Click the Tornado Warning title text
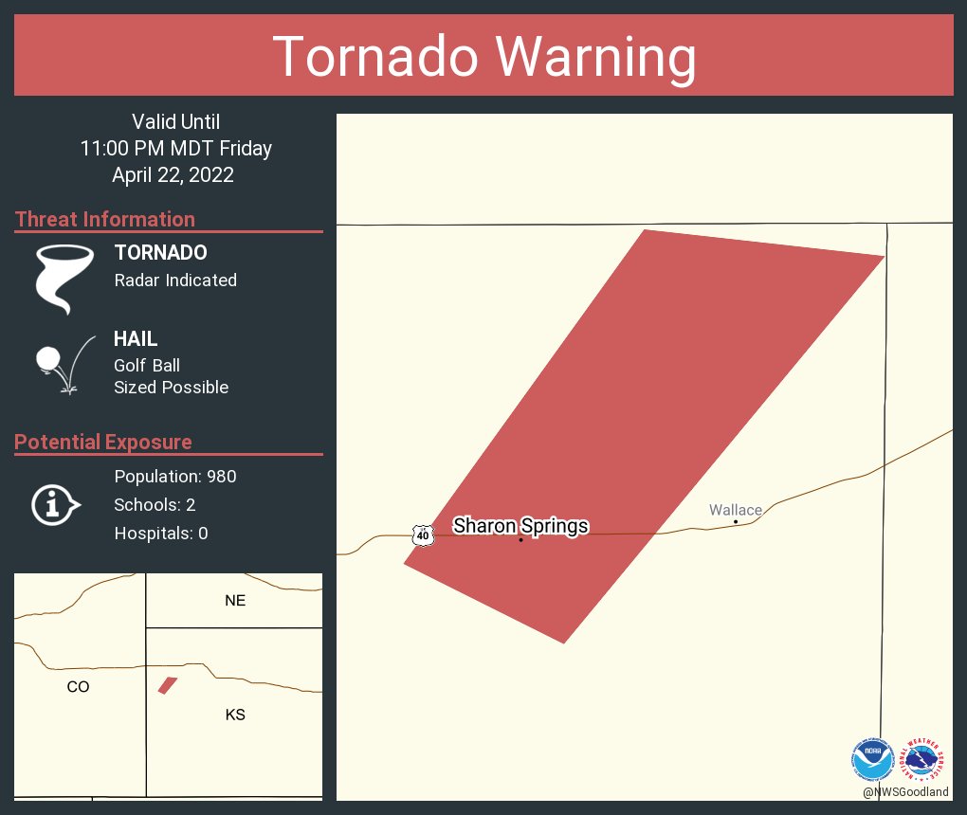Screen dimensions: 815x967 pos(483,57)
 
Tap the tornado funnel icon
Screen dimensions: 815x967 pos(64,277)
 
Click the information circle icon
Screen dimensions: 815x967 pos(54,504)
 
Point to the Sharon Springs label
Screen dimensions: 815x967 pos(520,526)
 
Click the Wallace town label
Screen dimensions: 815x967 pos(736,510)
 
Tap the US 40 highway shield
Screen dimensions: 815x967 pos(423,535)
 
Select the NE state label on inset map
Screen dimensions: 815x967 pos(235,600)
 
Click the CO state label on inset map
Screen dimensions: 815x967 pos(78,687)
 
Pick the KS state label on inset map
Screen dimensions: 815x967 pos(235,715)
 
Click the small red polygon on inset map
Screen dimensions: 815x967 pos(168,685)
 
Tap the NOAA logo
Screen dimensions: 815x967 pos(872,759)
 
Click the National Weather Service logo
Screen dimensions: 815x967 pos(925,759)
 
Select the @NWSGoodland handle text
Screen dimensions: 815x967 pos(905,792)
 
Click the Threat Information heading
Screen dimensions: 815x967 pos(105,219)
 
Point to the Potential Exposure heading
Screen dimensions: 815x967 pos(103,443)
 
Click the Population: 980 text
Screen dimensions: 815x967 pos(175,476)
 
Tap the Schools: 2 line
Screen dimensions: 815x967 pos(155,504)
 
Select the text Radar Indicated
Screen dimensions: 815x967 pos(175,280)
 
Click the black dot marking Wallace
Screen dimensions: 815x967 pos(736,521)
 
